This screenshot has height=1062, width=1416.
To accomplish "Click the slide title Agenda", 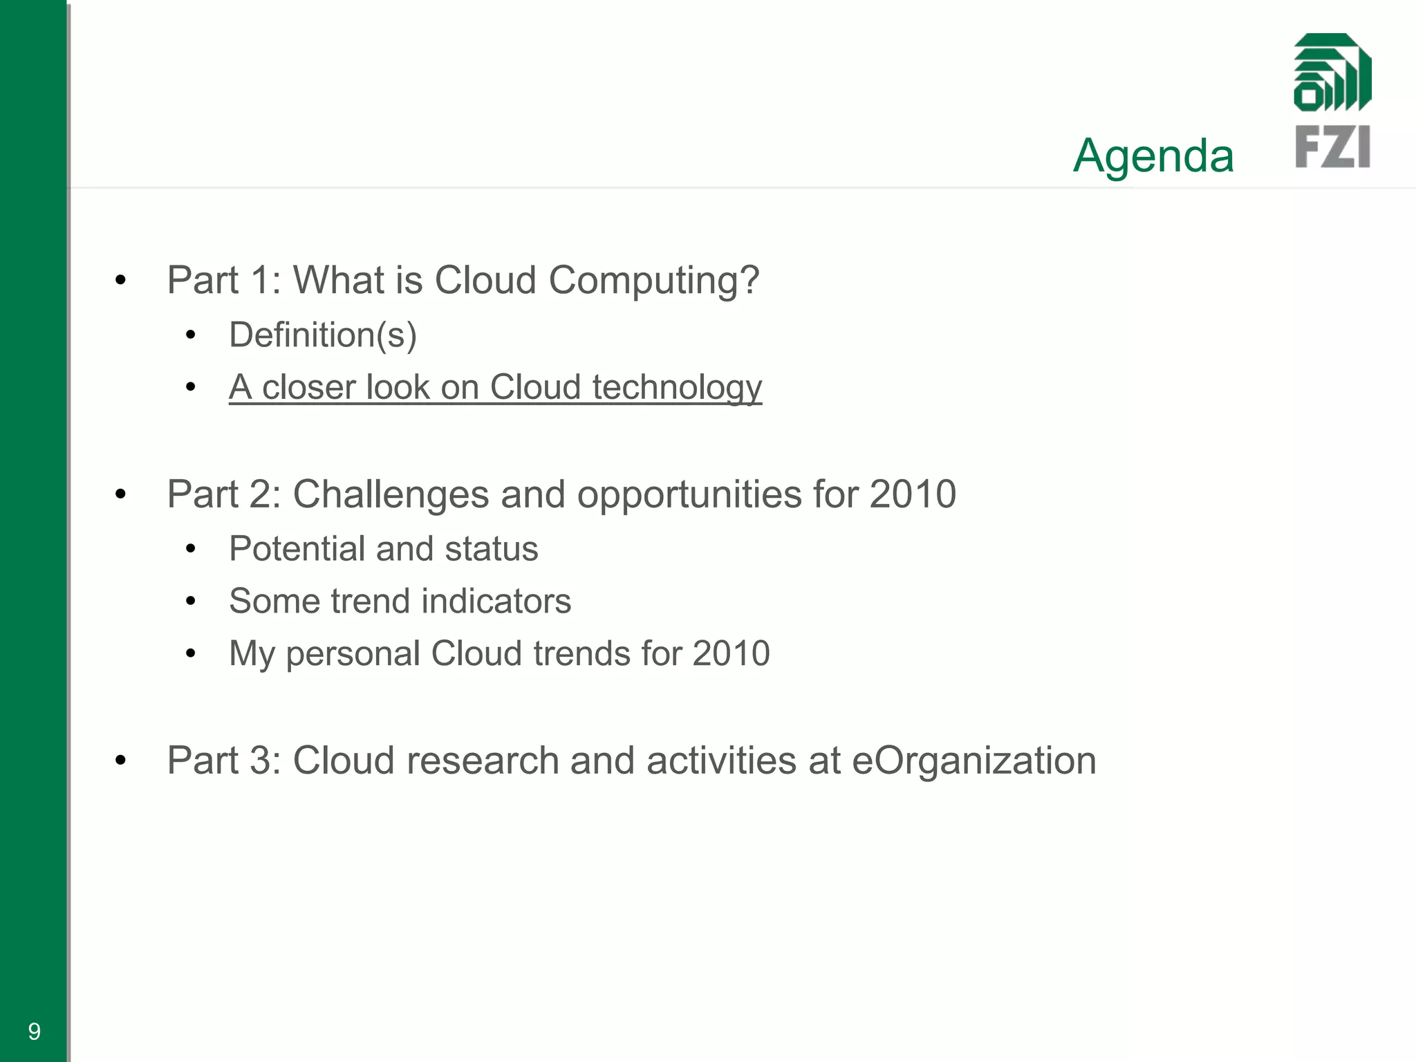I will click(1153, 156).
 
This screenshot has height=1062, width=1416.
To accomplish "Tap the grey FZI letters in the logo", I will click(1332, 147).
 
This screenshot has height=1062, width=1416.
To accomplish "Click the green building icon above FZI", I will click(1332, 73).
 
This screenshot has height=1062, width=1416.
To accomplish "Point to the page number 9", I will click(34, 1032).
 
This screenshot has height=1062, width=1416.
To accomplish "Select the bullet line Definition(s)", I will click(323, 335).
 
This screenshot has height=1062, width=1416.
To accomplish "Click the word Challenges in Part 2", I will click(391, 495).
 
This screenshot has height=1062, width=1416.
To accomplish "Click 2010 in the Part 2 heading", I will click(913, 494).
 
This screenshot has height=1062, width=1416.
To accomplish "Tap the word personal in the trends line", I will click(353, 654).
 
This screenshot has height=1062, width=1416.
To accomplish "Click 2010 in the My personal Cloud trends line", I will click(731, 653).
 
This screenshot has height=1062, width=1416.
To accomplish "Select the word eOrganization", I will click(973, 761).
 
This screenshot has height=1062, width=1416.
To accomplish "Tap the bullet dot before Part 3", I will click(121, 761).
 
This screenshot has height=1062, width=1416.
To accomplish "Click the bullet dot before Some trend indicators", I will click(191, 601).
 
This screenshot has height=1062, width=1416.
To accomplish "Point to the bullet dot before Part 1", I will click(121, 281).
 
